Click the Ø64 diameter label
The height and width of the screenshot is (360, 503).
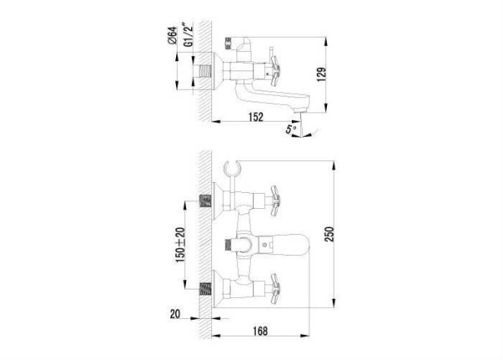[x=170, y=35]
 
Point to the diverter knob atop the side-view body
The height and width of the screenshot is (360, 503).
[x=230, y=41]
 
